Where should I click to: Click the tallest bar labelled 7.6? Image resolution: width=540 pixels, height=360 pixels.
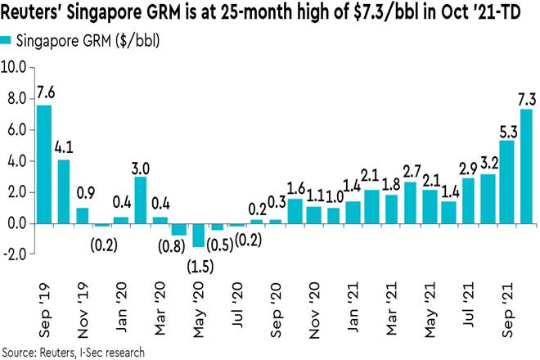(43, 164)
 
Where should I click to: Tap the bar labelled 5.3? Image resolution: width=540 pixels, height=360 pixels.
(506, 182)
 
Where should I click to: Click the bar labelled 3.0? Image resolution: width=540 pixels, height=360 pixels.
(140, 200)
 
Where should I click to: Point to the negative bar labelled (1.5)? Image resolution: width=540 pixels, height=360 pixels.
(198, 235)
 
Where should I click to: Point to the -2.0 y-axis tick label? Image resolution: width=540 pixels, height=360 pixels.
(14, 254)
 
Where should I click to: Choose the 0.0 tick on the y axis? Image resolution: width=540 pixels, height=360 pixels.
(16, 223)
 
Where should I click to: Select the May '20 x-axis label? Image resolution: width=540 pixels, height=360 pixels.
(197, 316)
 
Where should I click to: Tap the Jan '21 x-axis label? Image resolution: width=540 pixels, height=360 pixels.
(351, 316)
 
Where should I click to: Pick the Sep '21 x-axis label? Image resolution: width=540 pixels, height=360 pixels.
(506, 316)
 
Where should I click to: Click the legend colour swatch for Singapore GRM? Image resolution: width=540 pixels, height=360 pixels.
(7, 39)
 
